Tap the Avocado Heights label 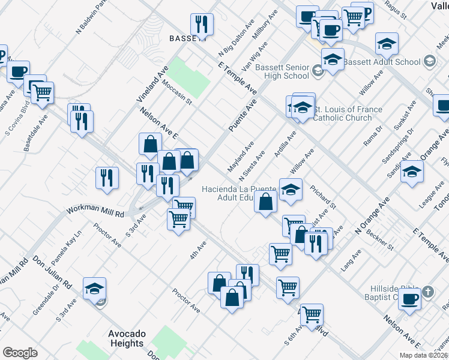(x=127, y=338)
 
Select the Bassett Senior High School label (x=282, y=71)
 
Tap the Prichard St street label (x=324, y=197)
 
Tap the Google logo (x=20, y=353)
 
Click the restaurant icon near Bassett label (x=200, y=25)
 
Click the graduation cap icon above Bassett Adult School (x=387, y=43)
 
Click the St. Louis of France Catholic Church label (x=349, y=113)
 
